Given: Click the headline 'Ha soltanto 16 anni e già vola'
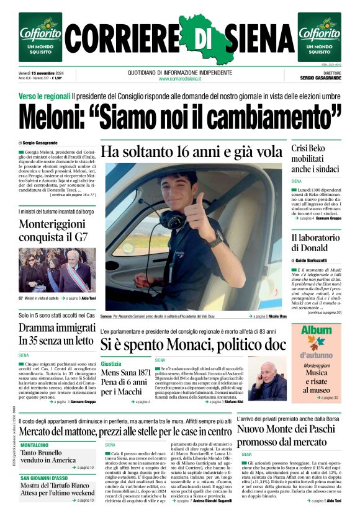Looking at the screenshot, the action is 191,152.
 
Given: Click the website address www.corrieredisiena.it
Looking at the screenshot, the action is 179,79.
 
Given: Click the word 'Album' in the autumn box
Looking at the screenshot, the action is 316,331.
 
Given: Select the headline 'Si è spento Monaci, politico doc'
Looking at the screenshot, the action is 193,344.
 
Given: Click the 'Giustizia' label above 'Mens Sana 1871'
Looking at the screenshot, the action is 111,363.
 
